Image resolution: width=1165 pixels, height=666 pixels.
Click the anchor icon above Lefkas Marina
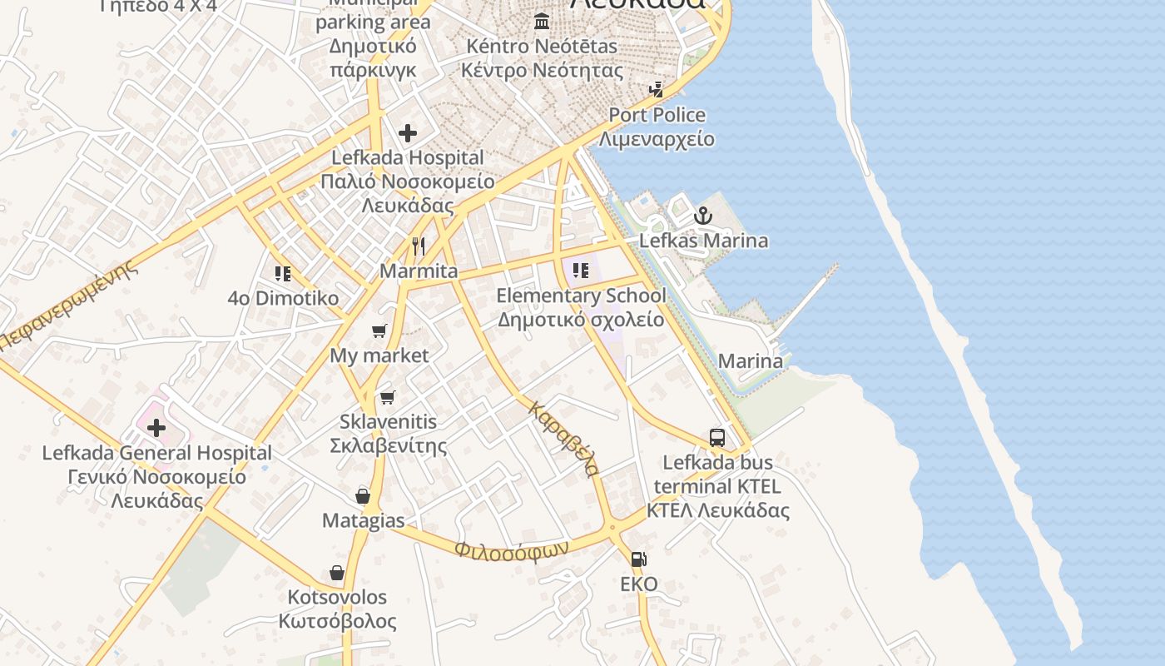pos(704,216)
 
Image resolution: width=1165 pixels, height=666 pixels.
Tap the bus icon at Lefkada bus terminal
pos(716,437)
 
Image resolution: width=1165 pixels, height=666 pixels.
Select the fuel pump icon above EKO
pos(638,559)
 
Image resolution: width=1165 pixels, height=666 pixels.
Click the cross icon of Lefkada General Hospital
pos(156,428)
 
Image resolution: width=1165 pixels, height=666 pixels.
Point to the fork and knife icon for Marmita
pos(419,246)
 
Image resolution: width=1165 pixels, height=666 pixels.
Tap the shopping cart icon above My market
pos(379,331)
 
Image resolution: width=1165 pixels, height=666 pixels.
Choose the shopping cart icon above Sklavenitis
pos(387,397)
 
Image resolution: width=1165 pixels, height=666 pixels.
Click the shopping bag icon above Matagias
pos(363,496)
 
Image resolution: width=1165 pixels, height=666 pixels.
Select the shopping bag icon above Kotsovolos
pos(337,573)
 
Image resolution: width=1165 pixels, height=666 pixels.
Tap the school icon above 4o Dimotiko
pos(283,273)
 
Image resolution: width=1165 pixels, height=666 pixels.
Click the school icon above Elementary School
pos(581,271)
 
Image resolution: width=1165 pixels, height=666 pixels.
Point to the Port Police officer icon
pos(657,89)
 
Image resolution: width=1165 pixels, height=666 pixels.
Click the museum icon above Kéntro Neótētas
pos(543,21)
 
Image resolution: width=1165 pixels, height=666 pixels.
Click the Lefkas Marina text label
pos(703,241)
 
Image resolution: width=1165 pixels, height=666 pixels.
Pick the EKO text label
pos(639,584)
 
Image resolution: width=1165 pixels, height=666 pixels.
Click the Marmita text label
pos(419,271)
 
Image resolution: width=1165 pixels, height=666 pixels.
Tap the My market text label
pos(379,355)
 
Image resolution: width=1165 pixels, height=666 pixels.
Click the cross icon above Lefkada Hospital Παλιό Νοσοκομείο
pos(408,133)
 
